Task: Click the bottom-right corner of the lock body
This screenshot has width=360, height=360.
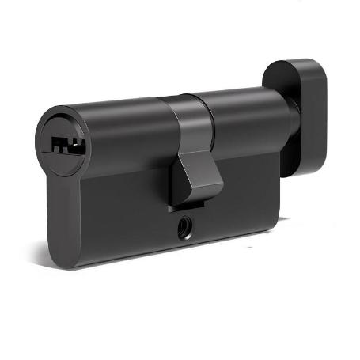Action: coord(278,225)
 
